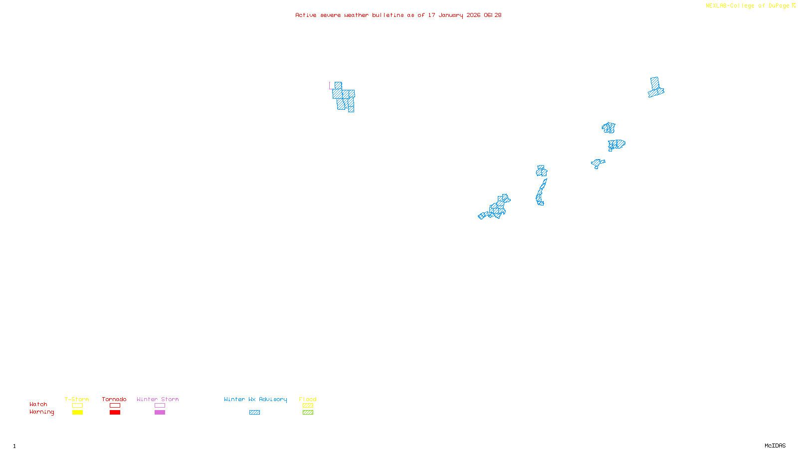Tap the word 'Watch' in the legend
38,405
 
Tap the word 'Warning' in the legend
42,412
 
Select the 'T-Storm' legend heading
77,399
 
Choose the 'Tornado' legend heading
114,399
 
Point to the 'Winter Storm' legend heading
158,399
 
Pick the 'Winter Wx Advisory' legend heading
255,399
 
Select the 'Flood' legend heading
308,399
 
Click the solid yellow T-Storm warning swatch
77,413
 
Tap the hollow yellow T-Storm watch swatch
77,406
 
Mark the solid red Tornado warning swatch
115,413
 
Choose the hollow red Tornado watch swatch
115,406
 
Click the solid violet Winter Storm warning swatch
160,413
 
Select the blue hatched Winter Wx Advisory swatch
254,413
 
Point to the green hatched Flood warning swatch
308,413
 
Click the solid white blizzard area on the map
338,70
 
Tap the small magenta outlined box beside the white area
332,86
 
